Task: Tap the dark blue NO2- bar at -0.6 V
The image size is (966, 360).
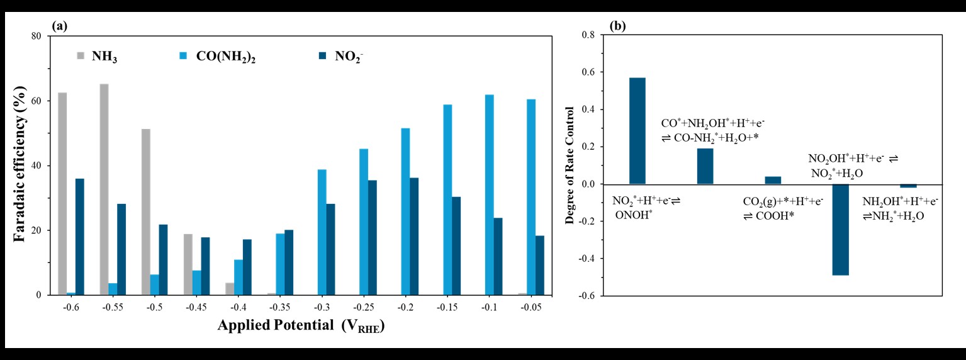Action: click(x=80, y=237)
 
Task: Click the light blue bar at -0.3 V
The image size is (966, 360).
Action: click(x=322, y=232)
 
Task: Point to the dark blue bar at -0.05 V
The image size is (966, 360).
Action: click(x=540, y=265)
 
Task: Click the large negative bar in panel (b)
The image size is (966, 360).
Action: click(x=841, y=230)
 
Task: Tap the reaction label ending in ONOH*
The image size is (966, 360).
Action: click(x=647, y=207)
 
